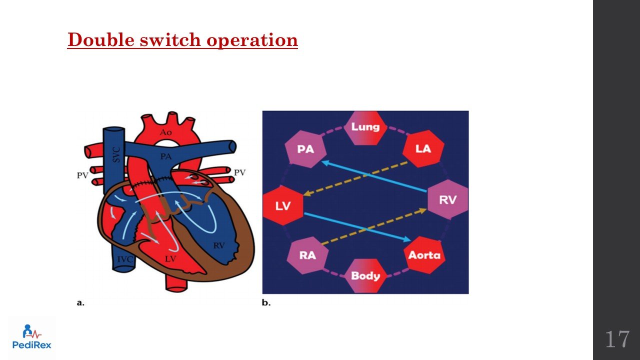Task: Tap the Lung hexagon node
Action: (365, 127)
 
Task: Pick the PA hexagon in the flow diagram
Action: (305, 149)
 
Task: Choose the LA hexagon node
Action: (423, 149)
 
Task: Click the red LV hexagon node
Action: (283, 205)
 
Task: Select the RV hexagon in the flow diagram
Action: (447, 199)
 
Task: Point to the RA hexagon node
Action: (307, 255)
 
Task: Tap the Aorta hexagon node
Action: (424, 255)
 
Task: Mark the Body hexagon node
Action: (365, 275)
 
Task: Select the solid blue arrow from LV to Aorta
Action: (357, 226)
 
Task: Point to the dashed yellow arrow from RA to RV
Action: (372, 226)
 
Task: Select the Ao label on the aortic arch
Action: (165, 132)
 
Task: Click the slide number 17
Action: (617, 339)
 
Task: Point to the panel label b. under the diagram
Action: (266, 303)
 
